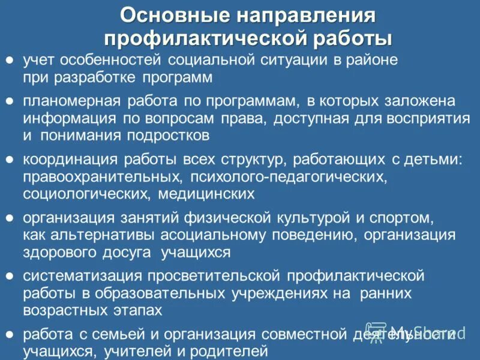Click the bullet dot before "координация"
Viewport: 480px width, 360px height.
pos(10,160)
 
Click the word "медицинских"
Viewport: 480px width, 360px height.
pos(208,193)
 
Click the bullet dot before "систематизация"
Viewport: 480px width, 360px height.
pos(10,275)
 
